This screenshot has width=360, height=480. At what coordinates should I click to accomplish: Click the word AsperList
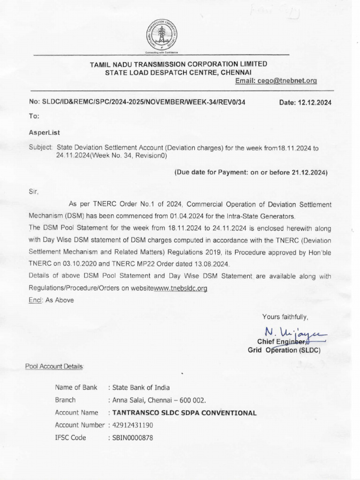click(x=44, y=133)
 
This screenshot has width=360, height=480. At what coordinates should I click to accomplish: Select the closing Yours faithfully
click(x=285, y=316)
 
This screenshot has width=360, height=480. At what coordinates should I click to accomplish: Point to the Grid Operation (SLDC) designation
click(x=284, y=350)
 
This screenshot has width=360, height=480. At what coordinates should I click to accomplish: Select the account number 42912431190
click(x=132, y=425)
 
